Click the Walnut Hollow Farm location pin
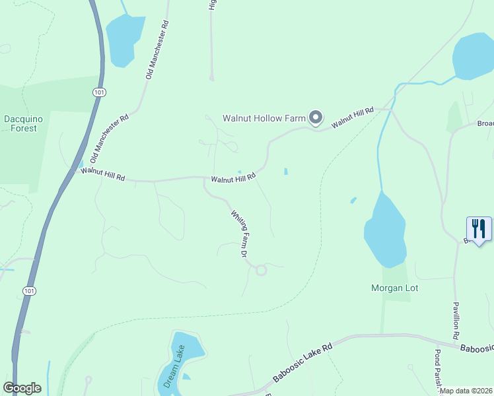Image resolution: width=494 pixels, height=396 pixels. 316,118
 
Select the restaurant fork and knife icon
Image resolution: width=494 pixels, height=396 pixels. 479,229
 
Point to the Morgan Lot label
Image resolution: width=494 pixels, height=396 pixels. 394,288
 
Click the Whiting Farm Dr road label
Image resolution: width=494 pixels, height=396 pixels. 239,233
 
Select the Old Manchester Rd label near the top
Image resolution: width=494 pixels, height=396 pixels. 157,50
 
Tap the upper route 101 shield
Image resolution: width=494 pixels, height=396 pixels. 99,93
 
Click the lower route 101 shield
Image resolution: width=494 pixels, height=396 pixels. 28,290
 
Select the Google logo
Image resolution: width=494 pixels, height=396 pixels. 22,388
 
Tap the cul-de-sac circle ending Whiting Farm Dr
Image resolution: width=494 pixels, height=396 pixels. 261,269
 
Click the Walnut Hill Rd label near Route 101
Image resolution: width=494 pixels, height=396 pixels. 102,175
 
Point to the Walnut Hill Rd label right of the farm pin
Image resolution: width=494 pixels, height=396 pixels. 353,117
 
